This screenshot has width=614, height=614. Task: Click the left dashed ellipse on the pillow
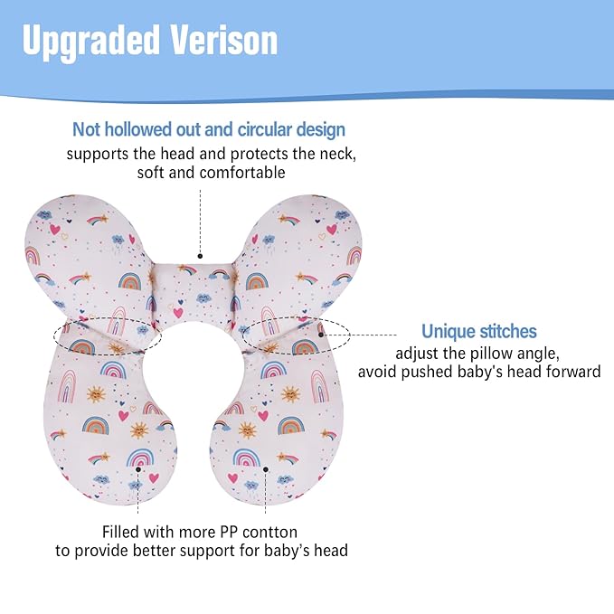pyautogui.click(x=107, y=335)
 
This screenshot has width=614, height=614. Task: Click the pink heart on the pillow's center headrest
pyautogui.click(x=177, y=313)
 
